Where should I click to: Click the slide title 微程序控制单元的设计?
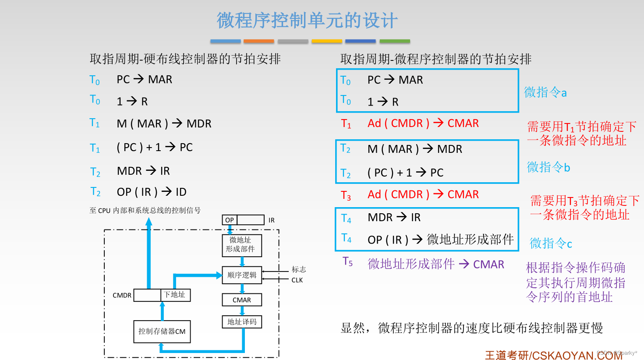[x=307, y=21]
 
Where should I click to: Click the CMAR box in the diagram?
[x=242, y=300]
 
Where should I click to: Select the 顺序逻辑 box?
[x=242, y=275]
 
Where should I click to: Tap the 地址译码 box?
[x=242, y=322]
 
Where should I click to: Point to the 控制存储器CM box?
[x=162, y=332]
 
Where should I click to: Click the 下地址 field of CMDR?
[x=175, y=295]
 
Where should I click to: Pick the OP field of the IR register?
[x=230, y=220]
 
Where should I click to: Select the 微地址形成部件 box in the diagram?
[x=242, y=245]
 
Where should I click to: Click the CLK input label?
[x=297, y=280]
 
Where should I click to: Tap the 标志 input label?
[x=299, y=269]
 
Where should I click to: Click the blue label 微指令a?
[x=545, y=92]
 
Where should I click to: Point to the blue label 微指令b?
[x=548, y=167]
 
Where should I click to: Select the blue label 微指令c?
[x=551, y=244]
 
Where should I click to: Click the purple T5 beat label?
[x=347, y=262]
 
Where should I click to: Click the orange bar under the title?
[x=258, y=41]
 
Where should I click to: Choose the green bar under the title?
[x=394, y=41]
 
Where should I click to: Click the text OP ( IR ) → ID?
[x=152, y=192]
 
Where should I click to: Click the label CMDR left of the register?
[x=122, y=296]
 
